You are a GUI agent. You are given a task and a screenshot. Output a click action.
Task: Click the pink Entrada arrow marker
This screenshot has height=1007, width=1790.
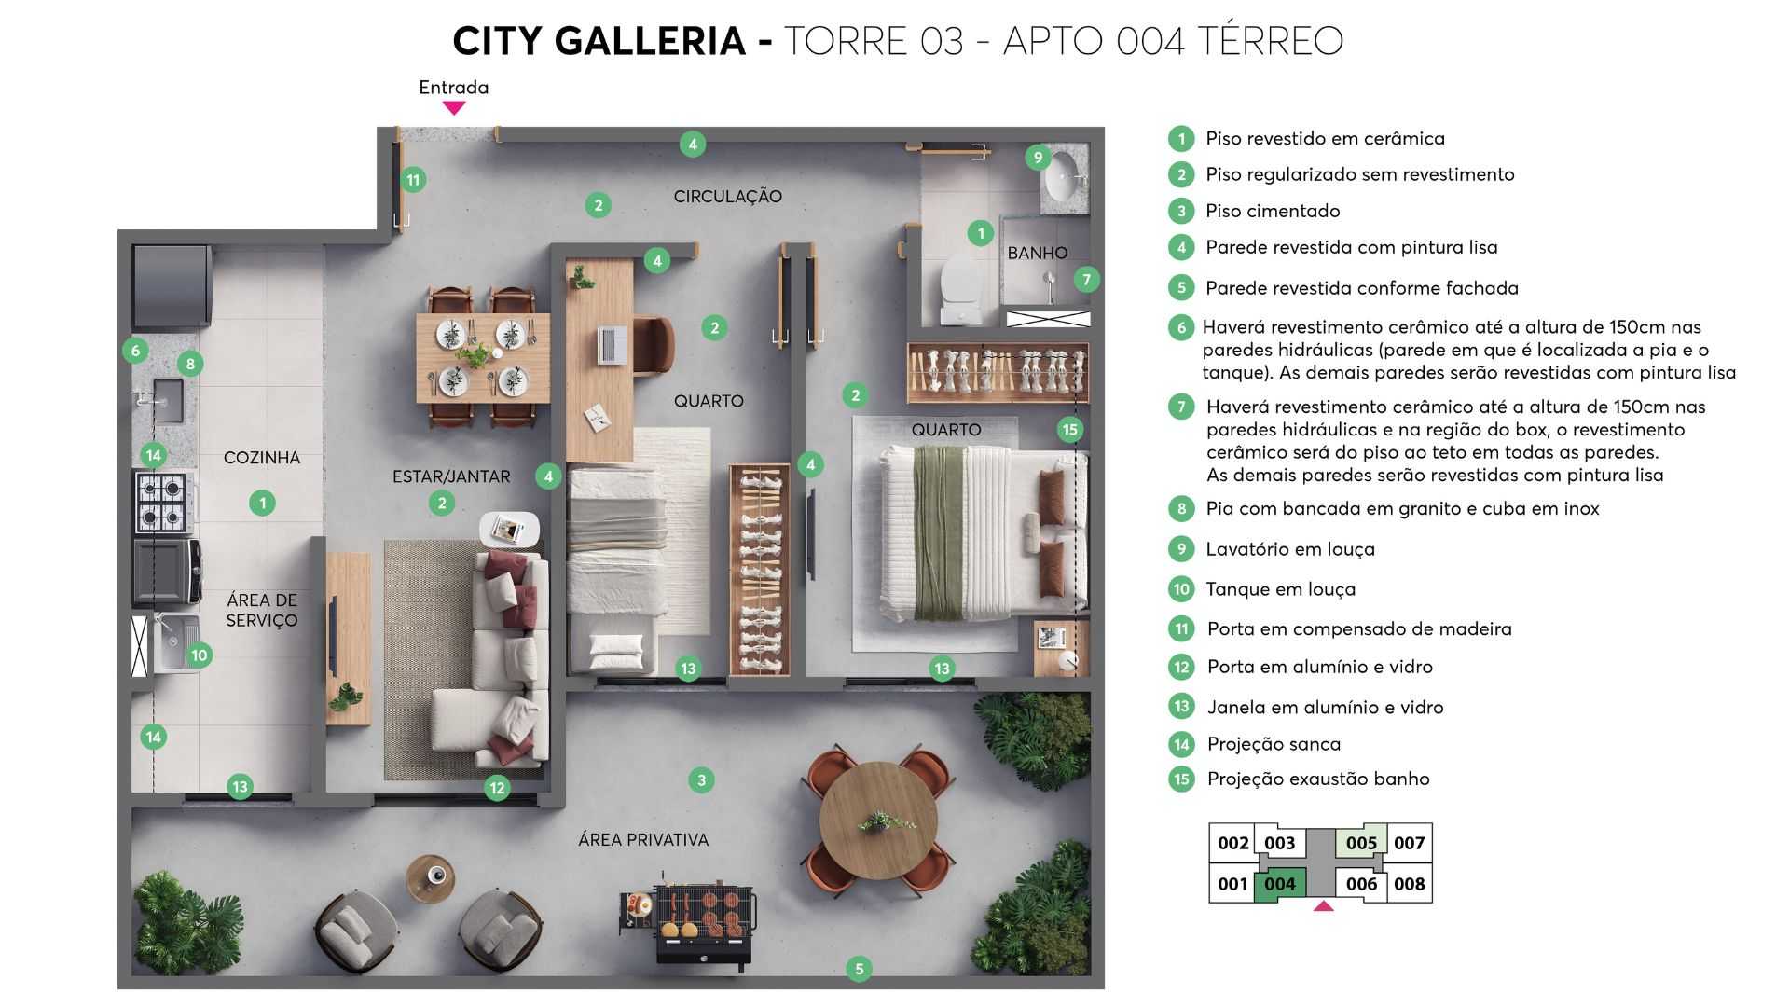coord(454,108)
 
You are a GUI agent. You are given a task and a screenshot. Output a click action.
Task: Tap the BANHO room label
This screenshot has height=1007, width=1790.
coord(1037,253)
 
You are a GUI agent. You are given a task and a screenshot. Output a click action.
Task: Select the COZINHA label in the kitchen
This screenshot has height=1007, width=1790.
coord(262,458)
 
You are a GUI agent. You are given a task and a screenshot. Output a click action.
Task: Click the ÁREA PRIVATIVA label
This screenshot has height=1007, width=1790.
coord(643,840)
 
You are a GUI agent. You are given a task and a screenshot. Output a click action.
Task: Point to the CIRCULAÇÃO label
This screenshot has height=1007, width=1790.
coord(727,197)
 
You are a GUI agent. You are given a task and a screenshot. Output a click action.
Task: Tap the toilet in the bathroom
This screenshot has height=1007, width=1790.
coord(958,284)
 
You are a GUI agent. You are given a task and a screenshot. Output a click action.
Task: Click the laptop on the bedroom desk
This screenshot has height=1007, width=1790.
coord(612,345)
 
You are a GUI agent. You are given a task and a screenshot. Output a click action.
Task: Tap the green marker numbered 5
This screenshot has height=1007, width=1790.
coord(860,969)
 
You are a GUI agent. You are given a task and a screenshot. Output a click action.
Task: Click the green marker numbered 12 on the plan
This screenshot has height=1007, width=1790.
coord(497,788)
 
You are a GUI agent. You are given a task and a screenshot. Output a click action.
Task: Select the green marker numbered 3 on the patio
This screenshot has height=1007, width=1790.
coord(701,780)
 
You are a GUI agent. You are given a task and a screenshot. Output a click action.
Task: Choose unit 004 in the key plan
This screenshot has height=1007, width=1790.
coord(1279,885)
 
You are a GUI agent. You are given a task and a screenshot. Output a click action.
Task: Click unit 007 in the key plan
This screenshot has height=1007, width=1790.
coord(1409,843)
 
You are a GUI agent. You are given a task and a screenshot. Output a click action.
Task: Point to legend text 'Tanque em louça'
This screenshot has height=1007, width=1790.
coord(1280,589)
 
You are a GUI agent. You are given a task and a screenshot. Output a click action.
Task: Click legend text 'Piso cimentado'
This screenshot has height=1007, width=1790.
coord(1273,211)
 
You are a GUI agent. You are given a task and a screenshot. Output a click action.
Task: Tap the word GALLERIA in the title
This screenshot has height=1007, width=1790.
coord(650,41)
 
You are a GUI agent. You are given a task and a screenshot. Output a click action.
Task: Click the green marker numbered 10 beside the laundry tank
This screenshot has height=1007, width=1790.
coord(200,655)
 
